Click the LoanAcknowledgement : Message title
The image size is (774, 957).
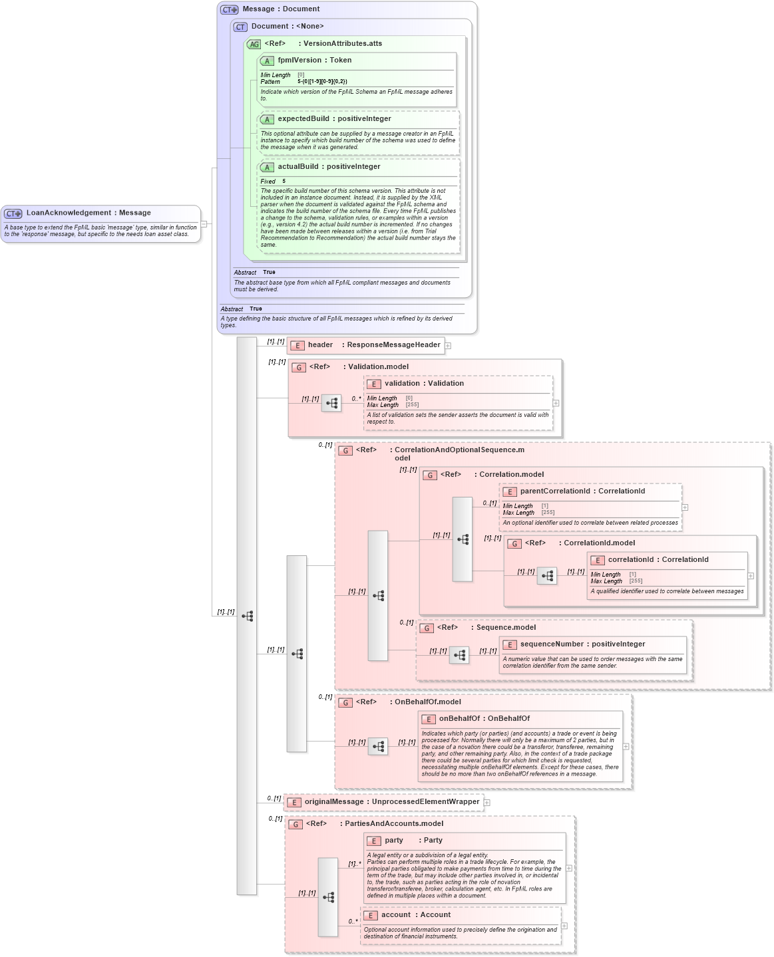click(x=88, y=213)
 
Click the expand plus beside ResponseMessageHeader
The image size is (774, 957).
click(x=448, y=346)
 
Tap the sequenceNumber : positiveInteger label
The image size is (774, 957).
click(x=582, y=644)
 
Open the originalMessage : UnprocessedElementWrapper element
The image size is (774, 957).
click(x=391, y=802)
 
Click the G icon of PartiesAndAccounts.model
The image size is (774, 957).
click(x=295, y=825)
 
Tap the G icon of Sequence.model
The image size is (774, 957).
click(x=427, y=628)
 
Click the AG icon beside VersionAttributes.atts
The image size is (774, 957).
click(x=254, y=45)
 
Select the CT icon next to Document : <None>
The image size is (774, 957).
click(x=240, y=27)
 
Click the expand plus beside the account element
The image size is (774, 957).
click(x=564, y=926)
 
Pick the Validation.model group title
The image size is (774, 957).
click(x=378, y=367)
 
